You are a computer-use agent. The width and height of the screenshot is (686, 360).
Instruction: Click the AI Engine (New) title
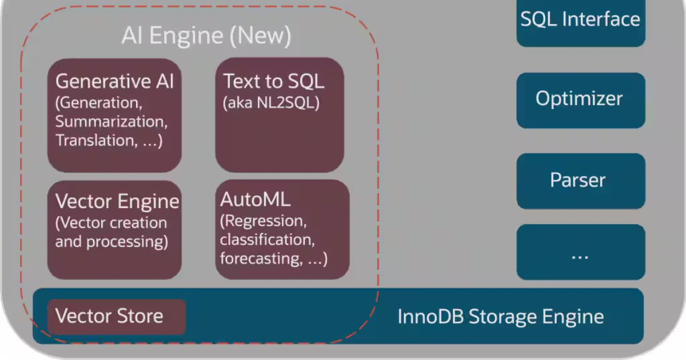[206, 36]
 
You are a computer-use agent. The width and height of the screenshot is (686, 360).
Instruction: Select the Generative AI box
[114, 115]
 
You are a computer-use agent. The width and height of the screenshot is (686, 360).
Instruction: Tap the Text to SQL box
[280, 115]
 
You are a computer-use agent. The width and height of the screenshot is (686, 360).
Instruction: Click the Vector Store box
[117, 316]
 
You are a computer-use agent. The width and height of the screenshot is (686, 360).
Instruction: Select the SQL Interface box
[580, 21]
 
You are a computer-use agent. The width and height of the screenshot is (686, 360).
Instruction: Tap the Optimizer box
[580, 99]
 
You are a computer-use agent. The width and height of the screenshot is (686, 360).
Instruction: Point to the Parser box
[580, 181]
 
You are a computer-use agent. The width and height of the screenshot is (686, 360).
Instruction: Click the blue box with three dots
[580, 252]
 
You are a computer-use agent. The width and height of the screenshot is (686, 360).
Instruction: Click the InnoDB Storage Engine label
[500, 316]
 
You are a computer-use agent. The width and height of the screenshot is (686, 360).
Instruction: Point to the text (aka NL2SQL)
[270, 103]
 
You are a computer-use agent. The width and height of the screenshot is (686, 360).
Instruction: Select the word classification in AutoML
[267, 239]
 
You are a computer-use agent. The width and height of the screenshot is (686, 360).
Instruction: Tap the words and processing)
[111, 241]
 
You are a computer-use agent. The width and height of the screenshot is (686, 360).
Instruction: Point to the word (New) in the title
[260, 36]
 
